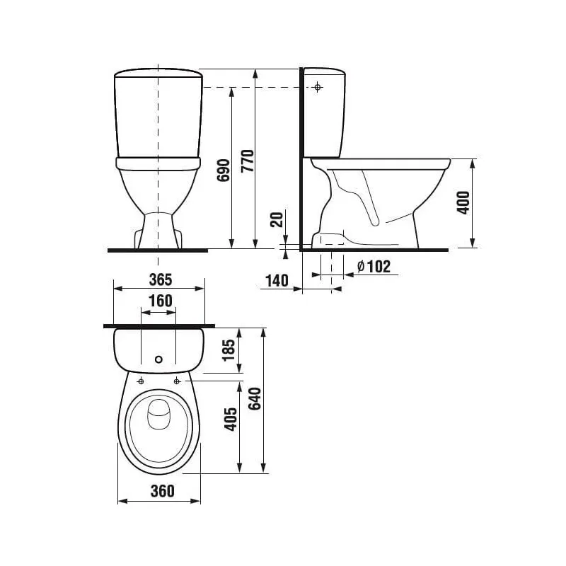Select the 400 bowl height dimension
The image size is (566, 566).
pyautogui.click(x=463, y=203)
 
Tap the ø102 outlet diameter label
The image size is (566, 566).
pyautogui.click(x=374, y=266)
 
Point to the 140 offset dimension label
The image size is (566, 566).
pyautogui.click(x=276, y=280)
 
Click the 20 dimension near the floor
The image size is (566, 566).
pyautogui.click(x=277, y=219)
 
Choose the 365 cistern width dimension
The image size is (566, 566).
pyautogui.click(x=160, y=278)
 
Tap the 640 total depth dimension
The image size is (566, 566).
pyautogui.click(x=255, y=400)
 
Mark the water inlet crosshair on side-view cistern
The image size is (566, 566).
pyautogui.click(x=318, y=87)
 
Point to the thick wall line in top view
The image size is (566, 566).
pyautogui.click(x=158, y=326)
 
